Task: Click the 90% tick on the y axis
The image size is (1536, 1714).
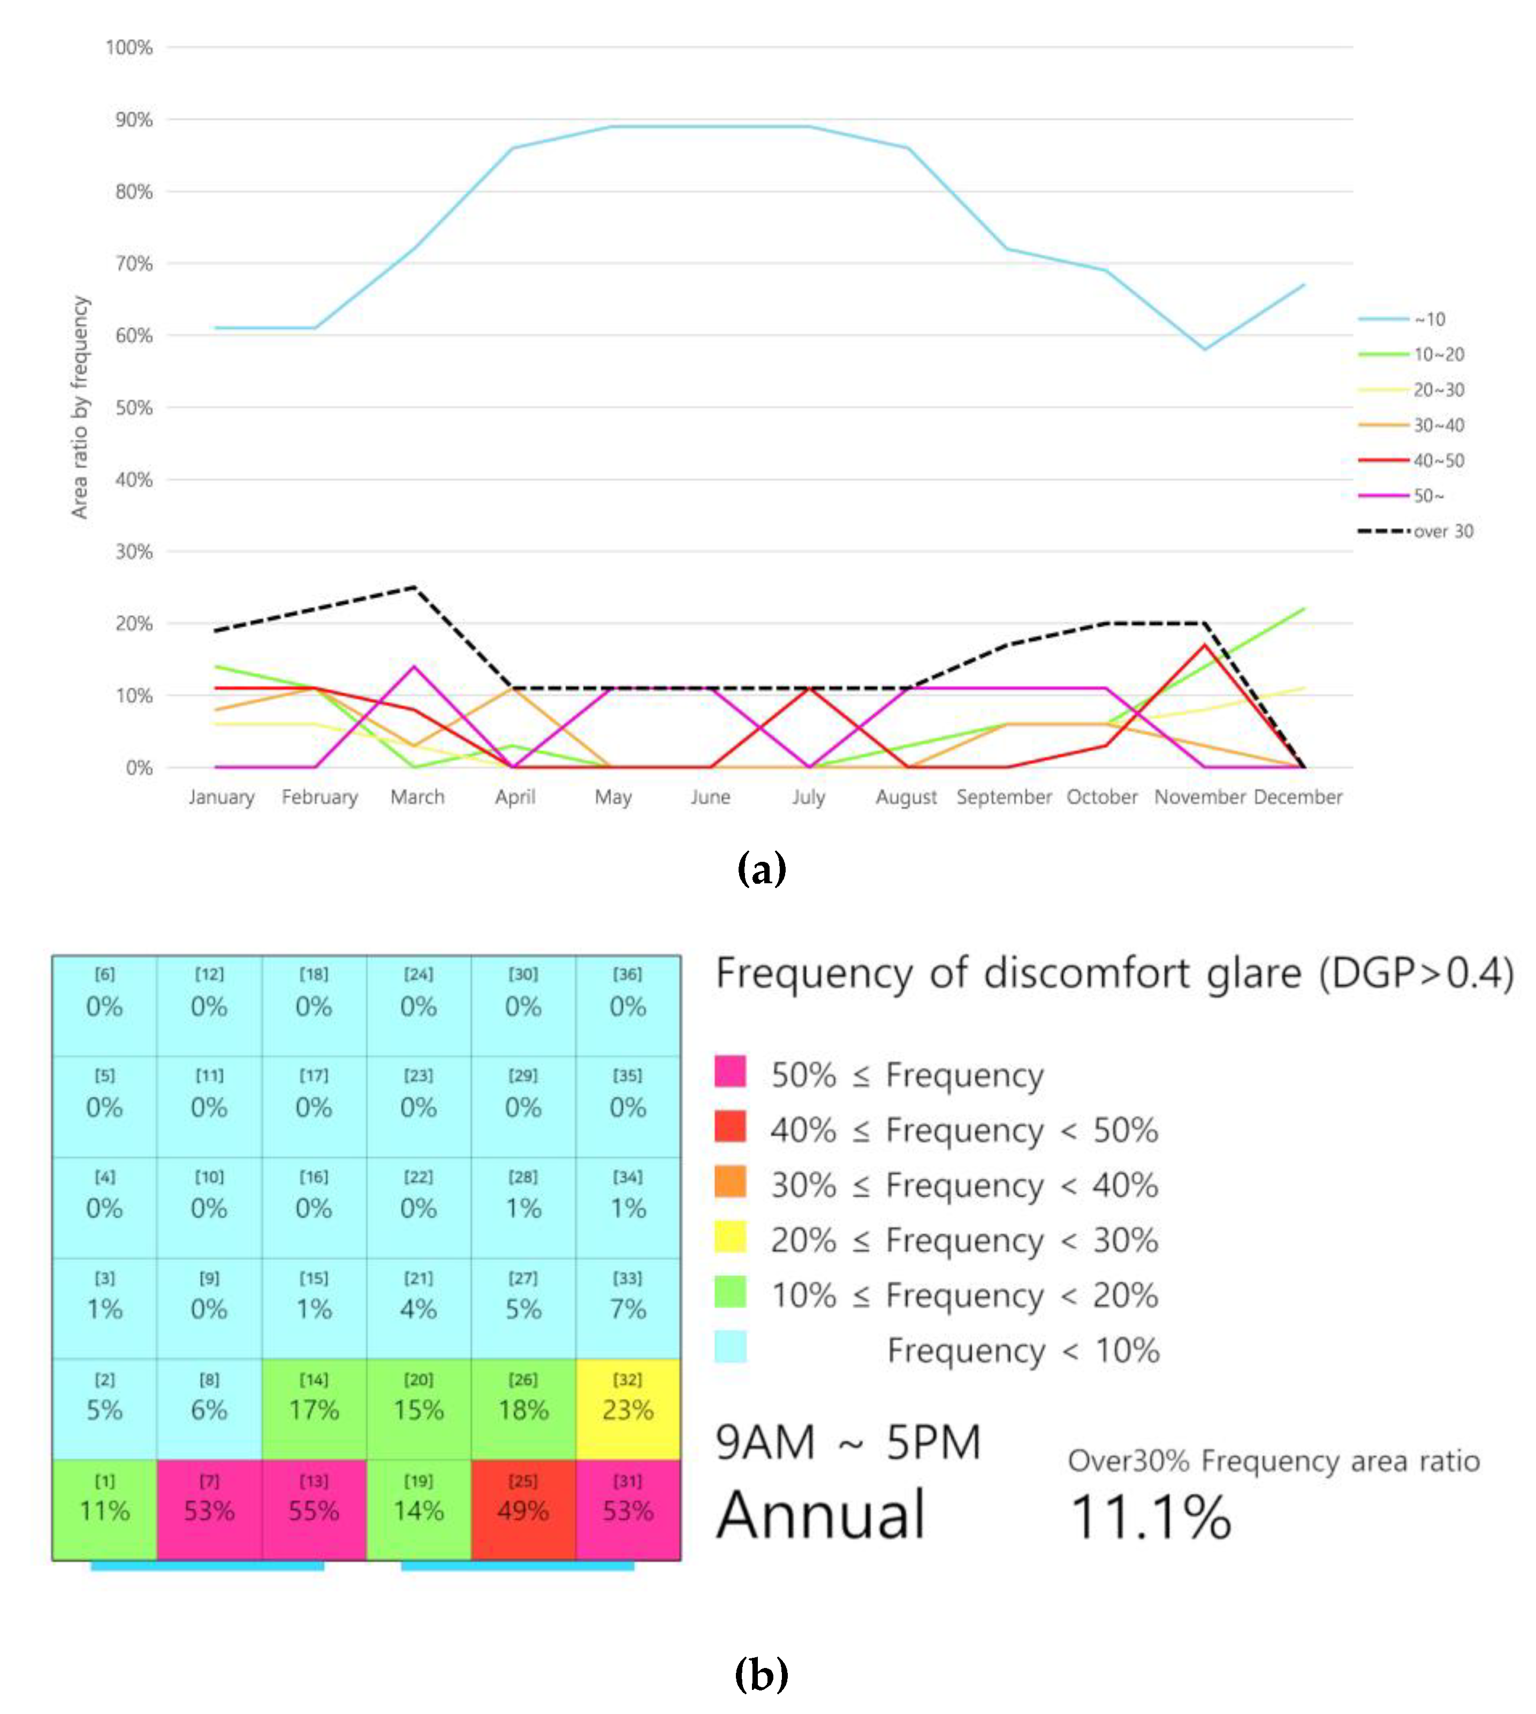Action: [x=133, y=120]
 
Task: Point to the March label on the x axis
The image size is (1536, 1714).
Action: [x=417, y=797]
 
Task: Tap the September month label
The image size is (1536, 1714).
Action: [x=1003, y=797]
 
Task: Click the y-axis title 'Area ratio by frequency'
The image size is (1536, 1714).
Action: [x=79, y=407]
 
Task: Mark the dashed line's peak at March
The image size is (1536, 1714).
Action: [x=414, y=587]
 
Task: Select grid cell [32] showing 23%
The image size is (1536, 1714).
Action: [x=628, y=1408]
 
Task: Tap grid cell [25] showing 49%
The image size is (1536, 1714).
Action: [x=523, y=1509]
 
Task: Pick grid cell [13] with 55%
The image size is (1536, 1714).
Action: [x=314, y=1509]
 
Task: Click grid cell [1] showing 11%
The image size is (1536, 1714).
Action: [x=105, y=1509]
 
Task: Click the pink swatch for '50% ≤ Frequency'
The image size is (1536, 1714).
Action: [x=730, y=1071]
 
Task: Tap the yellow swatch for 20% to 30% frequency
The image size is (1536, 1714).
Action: [x=730, y=1237]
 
